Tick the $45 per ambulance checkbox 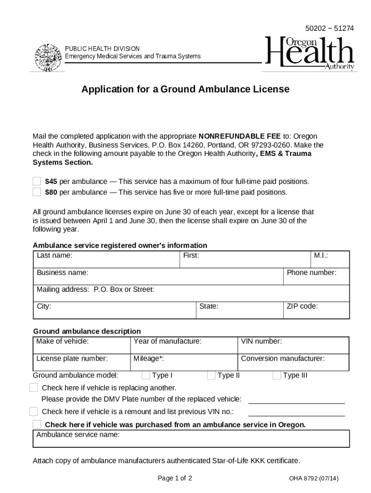coord(37,182)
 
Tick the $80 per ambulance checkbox coord(37,192)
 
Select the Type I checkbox coord(146,376)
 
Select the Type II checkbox coord(211,376)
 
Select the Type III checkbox coord(277,376)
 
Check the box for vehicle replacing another coord(34,388)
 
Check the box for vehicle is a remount coord(34,411)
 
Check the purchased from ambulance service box coord(37,424)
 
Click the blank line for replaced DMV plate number coord(296,399)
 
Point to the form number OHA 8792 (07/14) coord(314,478)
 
